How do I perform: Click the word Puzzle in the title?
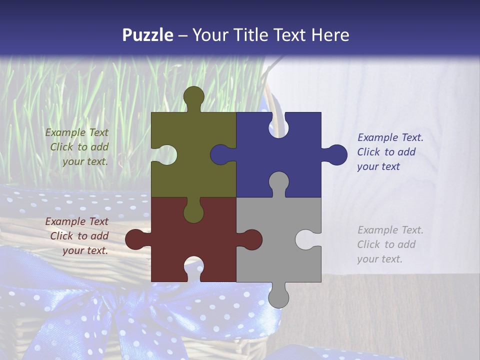coord(148,35)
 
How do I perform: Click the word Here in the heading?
coord(330,35)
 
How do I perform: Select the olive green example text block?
coord(77,147)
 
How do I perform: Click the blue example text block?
coord(389,152)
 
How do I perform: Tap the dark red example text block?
coord(77,236)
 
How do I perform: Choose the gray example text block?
coord(389,244)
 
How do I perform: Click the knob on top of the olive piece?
coord(193,96)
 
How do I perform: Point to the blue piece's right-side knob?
coord(336,154)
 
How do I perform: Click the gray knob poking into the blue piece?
coord(278,182)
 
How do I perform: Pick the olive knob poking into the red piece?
coord(193,212)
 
